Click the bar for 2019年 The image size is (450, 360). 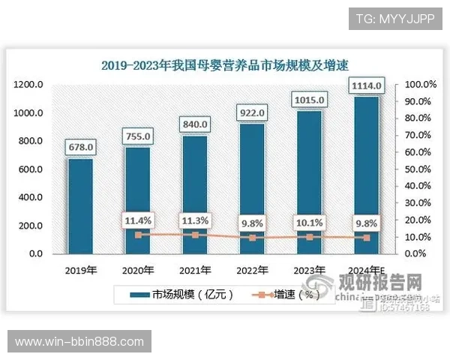pos(80,205)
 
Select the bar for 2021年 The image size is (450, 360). pos(195,194)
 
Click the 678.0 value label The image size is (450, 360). pos(80,147)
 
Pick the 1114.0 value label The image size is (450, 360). pos(367,87)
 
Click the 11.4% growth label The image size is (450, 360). pos(138,220)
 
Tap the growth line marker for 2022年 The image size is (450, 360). pos(252,238)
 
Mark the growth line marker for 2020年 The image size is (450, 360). pos(138,235)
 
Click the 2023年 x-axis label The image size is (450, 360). pos(309,270)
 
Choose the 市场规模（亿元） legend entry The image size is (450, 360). pos(183,295)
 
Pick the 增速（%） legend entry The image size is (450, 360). pos(288,295)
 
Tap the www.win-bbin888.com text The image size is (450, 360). pos(79,342)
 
